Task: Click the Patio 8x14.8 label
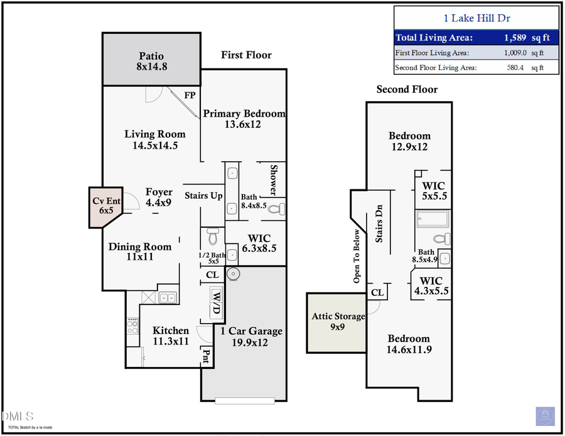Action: [x=151, y=61]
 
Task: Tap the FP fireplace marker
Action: [x=190, y=95]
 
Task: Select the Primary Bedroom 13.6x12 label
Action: [x=244, y=119]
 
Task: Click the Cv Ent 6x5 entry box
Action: [x=105, y=205]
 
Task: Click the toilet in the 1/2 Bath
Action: [x=212, y=237]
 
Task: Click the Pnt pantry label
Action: [x=206, y=356]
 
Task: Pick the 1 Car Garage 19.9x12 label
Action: [x=251, y=337]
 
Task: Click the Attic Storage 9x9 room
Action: [x=338, y=322]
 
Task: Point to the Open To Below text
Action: [x=357, y=255]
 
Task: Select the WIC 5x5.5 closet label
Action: [x=433, y=191]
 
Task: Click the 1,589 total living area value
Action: [x=515, y=38]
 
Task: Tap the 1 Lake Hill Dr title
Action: [x=476, y=19]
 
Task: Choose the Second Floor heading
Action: [x=407, y=89]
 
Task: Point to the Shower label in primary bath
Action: [x=274, y=180]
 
